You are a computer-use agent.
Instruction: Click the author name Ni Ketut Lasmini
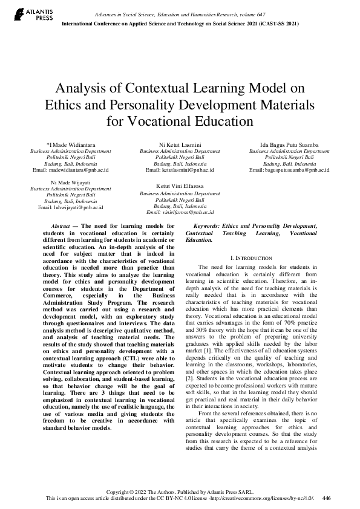(x=180, y=145)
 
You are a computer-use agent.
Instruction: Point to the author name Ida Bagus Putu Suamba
(x=289, y=145)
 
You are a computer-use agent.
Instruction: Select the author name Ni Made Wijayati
(x=71, y=182)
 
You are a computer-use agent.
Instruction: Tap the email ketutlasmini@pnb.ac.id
(x=180, y=170)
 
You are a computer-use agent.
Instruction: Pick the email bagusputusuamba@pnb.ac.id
(x=289, y=170)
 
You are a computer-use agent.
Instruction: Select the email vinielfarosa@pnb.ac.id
(x=180, y=213)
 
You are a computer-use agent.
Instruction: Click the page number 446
(x=327, y=498)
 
